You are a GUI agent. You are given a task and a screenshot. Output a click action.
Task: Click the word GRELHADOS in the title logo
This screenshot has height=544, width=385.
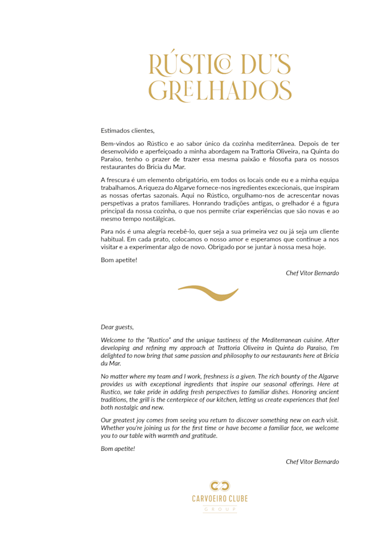pyautogui.click(x=220, y=90)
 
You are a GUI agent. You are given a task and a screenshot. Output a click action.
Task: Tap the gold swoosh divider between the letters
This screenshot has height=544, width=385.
pyautogui.click(x=208, y=293)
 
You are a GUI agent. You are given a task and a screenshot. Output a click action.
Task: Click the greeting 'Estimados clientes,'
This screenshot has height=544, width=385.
pyautogui.click(x=128, y=130)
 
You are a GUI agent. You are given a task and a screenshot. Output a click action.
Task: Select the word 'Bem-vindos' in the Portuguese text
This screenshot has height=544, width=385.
pyautogui.click(x=117, y=144)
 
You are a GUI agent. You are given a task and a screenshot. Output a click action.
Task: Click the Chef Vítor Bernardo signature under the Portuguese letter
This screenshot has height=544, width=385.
pyautogui.click(x=312, y=273)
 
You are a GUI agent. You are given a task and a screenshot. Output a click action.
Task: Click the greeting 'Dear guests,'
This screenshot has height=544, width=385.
pyautogui.click(x=117, y=327)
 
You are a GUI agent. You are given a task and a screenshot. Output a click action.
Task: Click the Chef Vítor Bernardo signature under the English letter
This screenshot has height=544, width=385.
pyautogui.click(x=312, y=462)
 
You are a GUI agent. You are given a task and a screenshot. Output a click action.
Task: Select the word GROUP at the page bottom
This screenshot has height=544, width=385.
pyautogui.click(x=220, y=509)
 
